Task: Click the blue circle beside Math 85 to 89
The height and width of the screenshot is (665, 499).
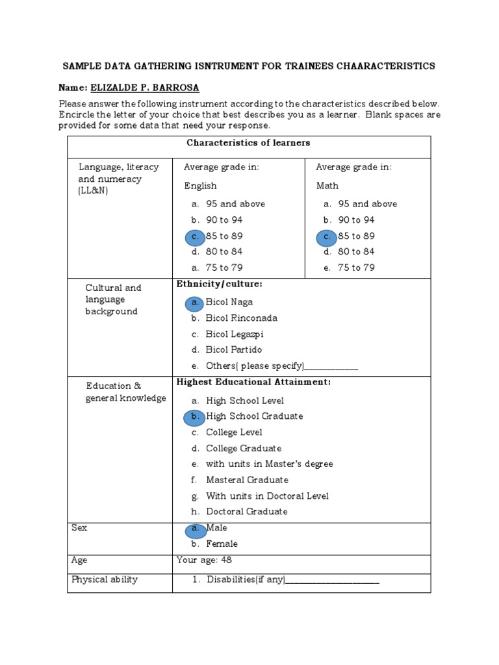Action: click(327, 237)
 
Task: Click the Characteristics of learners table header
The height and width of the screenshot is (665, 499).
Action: click(248, 143)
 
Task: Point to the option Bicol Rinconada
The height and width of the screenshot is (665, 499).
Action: click(241, 318)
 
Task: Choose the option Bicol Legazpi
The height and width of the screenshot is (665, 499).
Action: click(235, 334)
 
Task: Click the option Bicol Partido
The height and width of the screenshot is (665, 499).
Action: click(234, 350)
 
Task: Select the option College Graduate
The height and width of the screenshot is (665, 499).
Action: click(244, 449)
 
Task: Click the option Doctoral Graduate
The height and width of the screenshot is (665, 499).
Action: click(246, 512)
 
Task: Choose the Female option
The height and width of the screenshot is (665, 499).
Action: click(222, 544)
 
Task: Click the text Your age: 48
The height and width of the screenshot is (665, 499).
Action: click(204, 560)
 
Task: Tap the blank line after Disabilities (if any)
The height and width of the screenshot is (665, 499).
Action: click(333, 581)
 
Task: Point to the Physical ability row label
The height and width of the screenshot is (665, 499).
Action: click(105, 580)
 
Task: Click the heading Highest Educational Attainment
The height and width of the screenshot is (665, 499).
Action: click(253, 383)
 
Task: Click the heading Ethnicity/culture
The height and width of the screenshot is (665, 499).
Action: click(219, 284)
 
